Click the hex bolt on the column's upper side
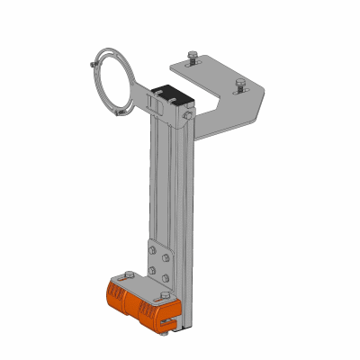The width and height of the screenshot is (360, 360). point(186,115)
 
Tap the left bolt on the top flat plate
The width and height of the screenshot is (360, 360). point(192,57)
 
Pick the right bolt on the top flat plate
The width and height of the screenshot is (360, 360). point(238,85)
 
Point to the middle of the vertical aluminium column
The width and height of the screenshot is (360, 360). point(167,189)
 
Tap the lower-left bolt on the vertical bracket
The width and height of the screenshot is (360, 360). point(153,267)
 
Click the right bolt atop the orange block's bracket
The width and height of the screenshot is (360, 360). point(164,298)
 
